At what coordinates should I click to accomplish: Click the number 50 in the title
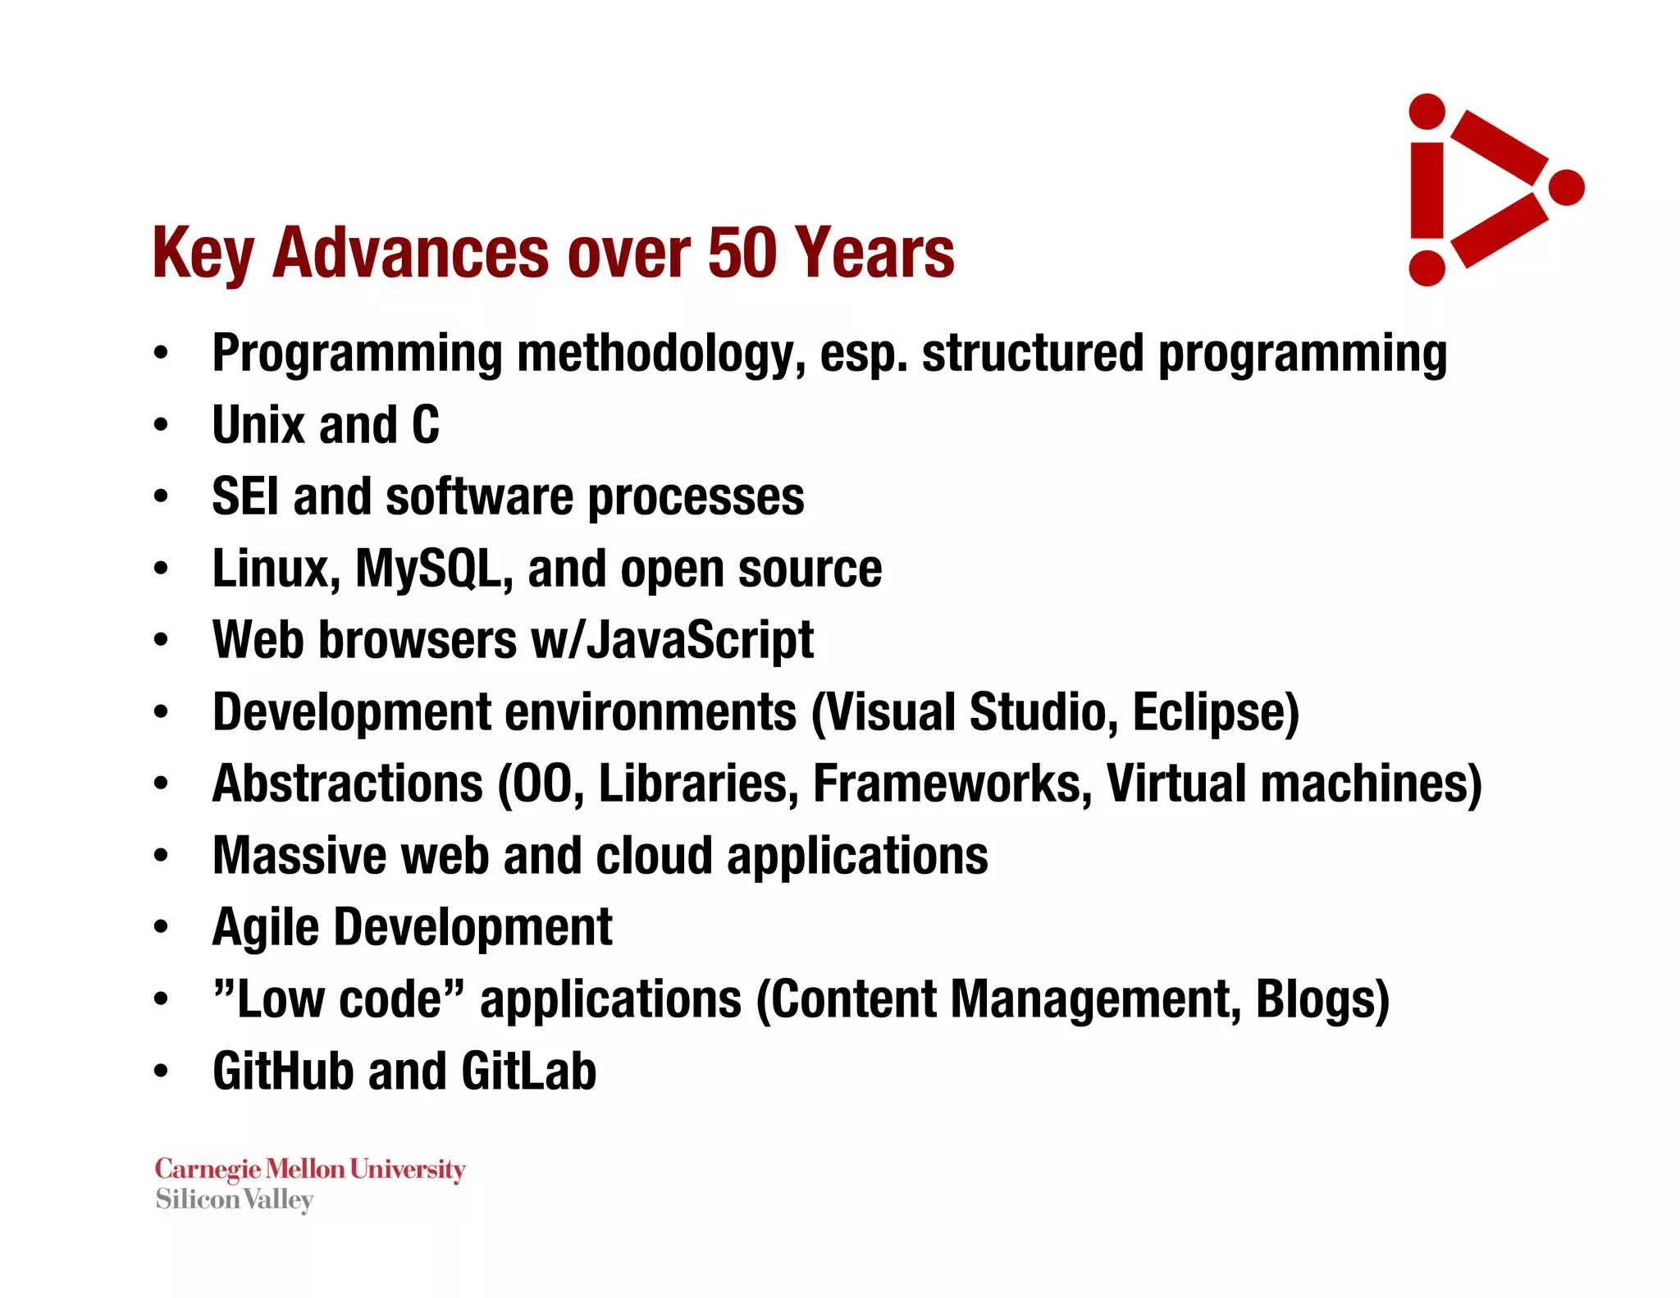[742, 253]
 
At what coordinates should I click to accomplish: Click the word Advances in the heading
[410, 253]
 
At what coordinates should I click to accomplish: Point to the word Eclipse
[1215, 712]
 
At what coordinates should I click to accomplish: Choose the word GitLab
[528, 1072]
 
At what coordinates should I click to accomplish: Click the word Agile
[265, 928]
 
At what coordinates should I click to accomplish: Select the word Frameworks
[952, 784]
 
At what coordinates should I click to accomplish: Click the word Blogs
[1321, 999]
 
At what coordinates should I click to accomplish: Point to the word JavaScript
[701, 640]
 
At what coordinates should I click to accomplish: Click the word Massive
[299, 856]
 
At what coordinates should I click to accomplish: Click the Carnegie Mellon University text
[310, 1168]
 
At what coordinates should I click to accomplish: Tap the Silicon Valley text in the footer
[235, 1200]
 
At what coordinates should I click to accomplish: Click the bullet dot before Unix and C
[161, 426]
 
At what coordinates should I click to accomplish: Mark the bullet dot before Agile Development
[161, 928]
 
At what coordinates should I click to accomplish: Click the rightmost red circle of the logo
[1566, 188]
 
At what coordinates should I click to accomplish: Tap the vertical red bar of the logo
[1427, 190]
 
